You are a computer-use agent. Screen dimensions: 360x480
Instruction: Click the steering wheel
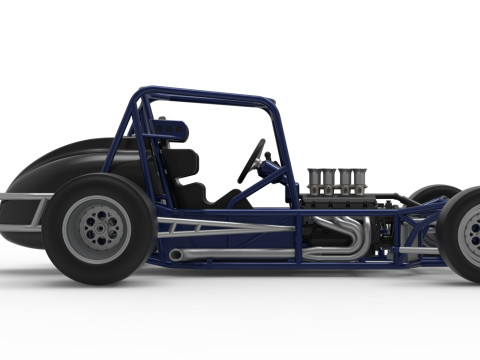pyautogui.click(x=251, y=160)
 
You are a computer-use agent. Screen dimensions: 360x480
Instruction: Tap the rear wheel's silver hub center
pyautogui.click(x=97, y=229)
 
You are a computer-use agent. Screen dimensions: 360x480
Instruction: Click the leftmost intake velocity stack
pyautogui.click(x=315, y=181)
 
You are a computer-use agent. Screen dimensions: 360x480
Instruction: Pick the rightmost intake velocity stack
pyautogui.click(x=359, y=181)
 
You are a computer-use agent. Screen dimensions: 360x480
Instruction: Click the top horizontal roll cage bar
pyautogui.click(x=210, y=98)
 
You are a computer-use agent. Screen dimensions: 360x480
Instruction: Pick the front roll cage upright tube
pyautogui.click(x=284, y=150)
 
